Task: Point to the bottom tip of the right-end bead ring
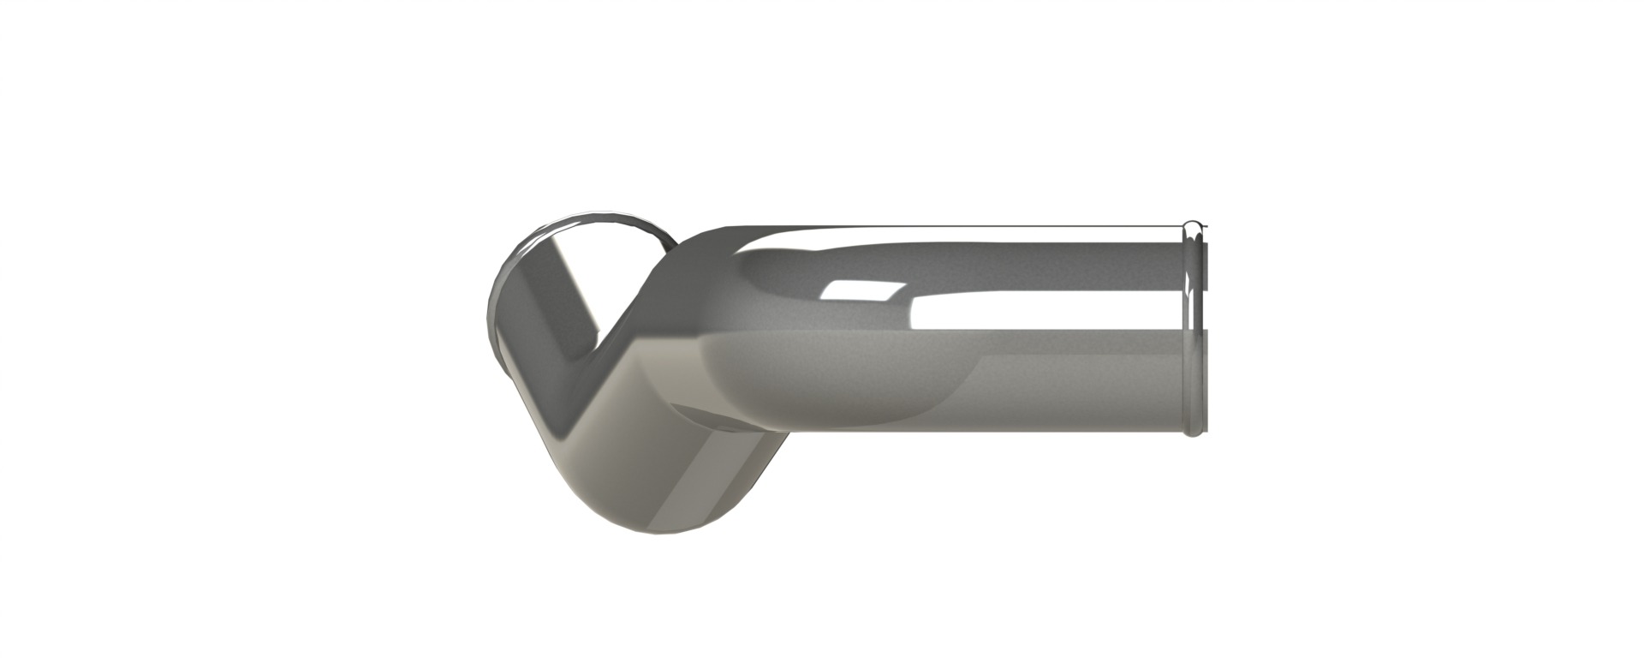tap(1192, 433)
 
